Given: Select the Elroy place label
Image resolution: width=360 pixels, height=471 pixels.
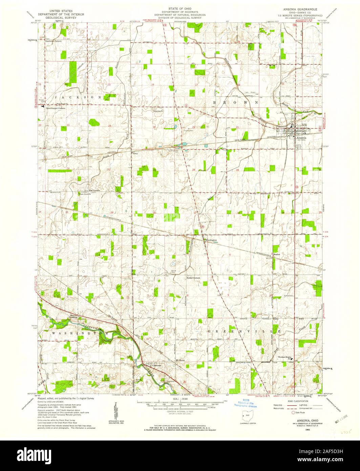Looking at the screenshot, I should point(134,153).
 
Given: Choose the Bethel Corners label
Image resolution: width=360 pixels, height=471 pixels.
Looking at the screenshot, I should point(193,278).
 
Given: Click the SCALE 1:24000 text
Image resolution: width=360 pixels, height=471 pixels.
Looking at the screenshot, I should point(180,400).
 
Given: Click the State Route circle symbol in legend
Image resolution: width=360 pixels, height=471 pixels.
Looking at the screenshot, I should point(293,412).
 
